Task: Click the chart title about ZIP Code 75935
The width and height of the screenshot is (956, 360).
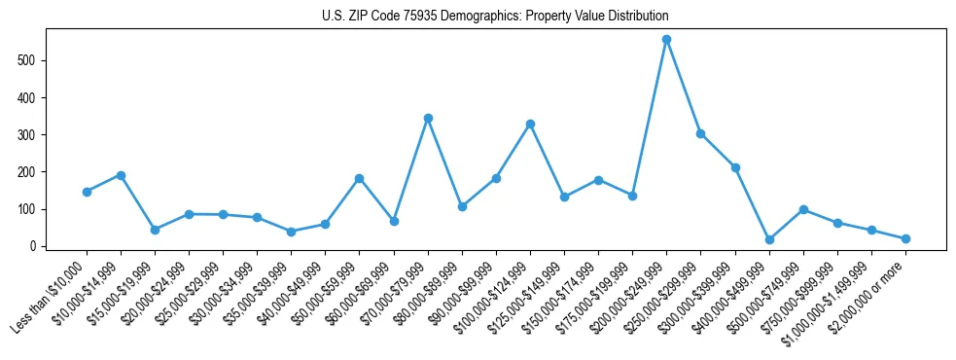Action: [495, 17]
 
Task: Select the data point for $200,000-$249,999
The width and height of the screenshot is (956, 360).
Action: [666, 40]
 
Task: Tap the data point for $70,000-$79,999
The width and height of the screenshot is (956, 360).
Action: [428, 118]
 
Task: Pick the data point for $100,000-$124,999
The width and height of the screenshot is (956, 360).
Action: [530, 124]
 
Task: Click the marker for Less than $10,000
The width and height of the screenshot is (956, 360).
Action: [87, 192]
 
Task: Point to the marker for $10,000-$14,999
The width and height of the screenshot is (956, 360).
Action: [121, 175]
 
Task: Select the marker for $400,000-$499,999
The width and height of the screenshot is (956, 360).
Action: [769, 239]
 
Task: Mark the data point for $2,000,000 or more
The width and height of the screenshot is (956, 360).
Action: [905, 238]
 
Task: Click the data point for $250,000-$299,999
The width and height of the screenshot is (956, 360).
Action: [700, 133]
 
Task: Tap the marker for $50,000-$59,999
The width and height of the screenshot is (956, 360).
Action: [359, 178]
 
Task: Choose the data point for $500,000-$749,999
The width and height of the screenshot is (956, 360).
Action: [803, 209]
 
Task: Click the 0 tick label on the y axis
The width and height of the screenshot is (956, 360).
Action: [35, 246]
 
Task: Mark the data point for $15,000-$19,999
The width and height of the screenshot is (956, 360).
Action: [155, 230]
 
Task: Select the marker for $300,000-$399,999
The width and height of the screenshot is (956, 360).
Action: [735, 167]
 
